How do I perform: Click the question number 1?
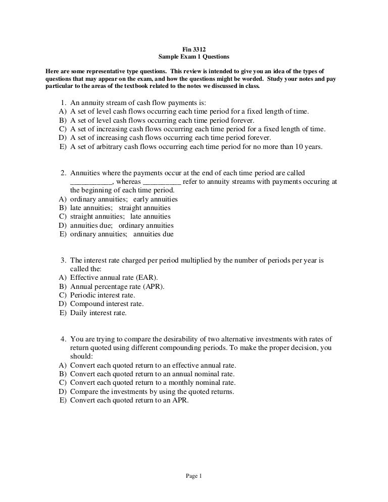tap(64, 102)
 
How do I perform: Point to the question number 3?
tap(64, 261)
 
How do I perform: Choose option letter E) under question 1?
tap(63, 147)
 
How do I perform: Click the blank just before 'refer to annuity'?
tap(162, 182)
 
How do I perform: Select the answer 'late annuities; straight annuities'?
tap(120, 208)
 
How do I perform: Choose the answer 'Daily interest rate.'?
tap(99, 313)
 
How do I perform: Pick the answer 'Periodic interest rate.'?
tap(103, 295)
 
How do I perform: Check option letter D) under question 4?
tap(63, 391)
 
